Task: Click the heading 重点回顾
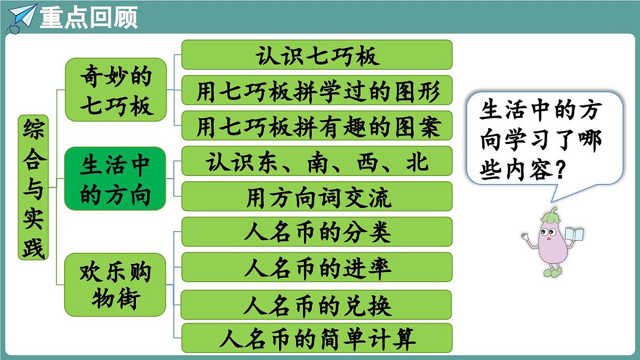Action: point(89,17)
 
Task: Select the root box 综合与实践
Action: point(33,187)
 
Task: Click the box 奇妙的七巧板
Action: point(116,90)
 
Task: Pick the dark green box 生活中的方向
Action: point(115,179)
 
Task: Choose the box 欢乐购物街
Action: point(115,285)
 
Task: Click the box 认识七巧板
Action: point(317,55)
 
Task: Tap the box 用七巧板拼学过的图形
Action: point(317,91)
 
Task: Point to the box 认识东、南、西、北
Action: point(317,161)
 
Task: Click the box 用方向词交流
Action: point(317,196)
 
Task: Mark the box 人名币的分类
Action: point(317,232)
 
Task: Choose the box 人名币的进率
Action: point(317,267)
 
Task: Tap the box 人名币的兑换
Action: point(317,305)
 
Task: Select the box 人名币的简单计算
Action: point(317,338)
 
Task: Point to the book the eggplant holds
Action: point(574,235)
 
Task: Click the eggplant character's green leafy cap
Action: point(551,216)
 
